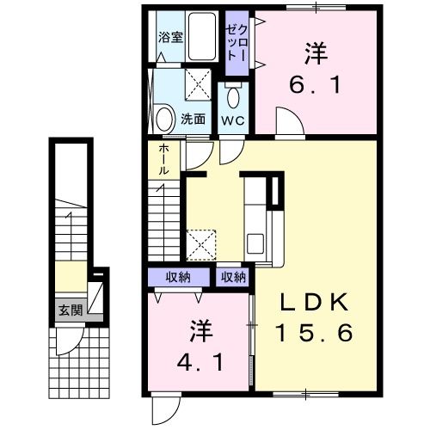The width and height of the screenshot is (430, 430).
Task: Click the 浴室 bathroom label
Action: pos(170,37)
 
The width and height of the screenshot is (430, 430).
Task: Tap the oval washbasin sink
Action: pos(165,116)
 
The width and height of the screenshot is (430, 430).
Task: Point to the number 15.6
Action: pos(314,333)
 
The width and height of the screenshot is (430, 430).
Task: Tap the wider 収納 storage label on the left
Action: pos(180,277)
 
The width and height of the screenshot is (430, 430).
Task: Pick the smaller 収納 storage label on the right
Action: pos(232,277)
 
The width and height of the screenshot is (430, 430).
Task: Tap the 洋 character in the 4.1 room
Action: pos(203,330)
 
